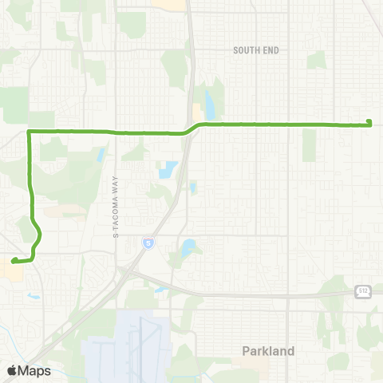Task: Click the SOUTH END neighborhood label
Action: tap(256, 50)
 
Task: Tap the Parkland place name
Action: tap(268, 350)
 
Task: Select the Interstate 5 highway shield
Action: tap(148, 241)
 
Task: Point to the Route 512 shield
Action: tap(363, 292)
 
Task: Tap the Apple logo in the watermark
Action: tap(12, 371)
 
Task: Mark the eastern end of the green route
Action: tap(369, 122)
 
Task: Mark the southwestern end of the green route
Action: tap(13, 260)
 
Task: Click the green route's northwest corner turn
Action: tap(30, 131)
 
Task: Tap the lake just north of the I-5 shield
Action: tap(168, 170)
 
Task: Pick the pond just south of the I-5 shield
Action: tap(189, 248)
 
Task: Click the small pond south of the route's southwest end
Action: tap(33, 296)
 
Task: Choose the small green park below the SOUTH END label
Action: tap(317, 60)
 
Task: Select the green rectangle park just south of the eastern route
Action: tap(309, 144)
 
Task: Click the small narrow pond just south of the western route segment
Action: tap(101, 155)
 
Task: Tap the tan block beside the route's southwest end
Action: tap(14, 272)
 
